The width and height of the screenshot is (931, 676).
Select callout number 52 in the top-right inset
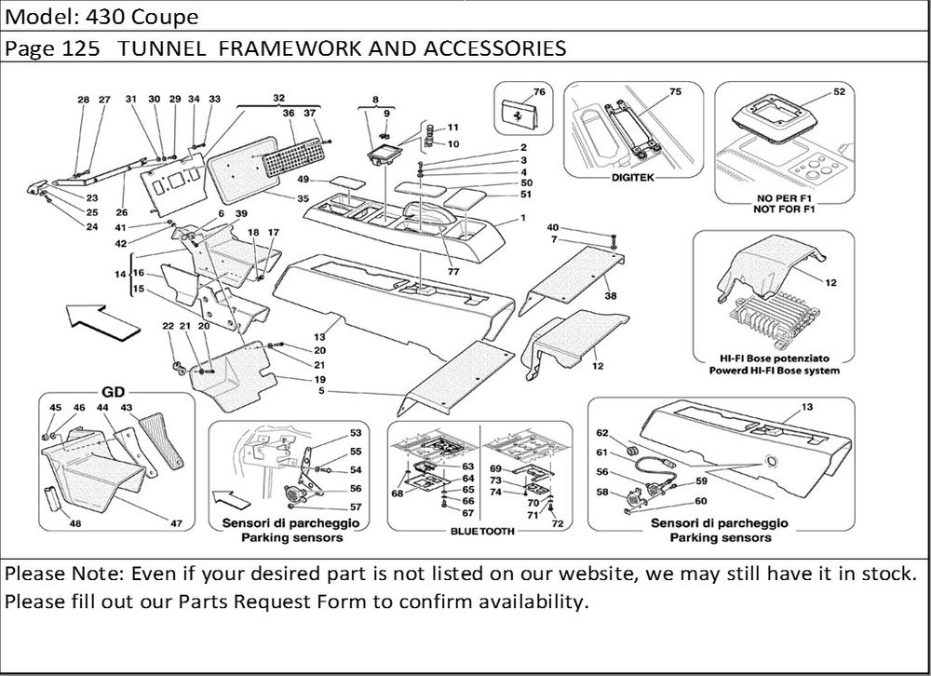pos(839,91)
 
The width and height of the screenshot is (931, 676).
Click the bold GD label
pos(112,392)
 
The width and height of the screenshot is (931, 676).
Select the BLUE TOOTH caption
pos(478,531)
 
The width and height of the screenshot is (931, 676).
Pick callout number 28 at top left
pos(84,100)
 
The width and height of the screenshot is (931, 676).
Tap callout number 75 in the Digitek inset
pos(676,91)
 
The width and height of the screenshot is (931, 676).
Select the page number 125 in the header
pos(81,47)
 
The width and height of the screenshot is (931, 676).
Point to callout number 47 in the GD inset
pos(175,525)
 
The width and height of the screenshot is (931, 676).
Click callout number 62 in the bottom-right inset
pos(601,433)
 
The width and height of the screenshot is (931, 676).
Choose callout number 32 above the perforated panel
pos(278,98)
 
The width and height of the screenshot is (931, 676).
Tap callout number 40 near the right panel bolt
pos(552,227)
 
